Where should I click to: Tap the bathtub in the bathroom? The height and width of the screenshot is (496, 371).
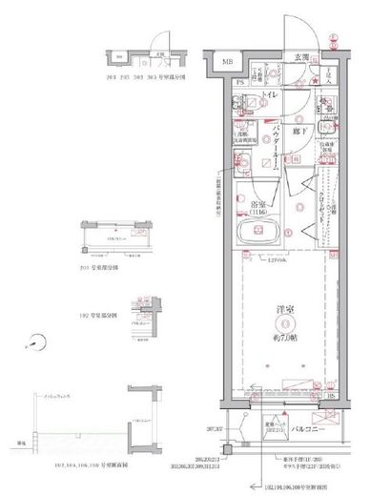tap(255, 235)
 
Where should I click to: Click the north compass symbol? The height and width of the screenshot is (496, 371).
tap(35, 341)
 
